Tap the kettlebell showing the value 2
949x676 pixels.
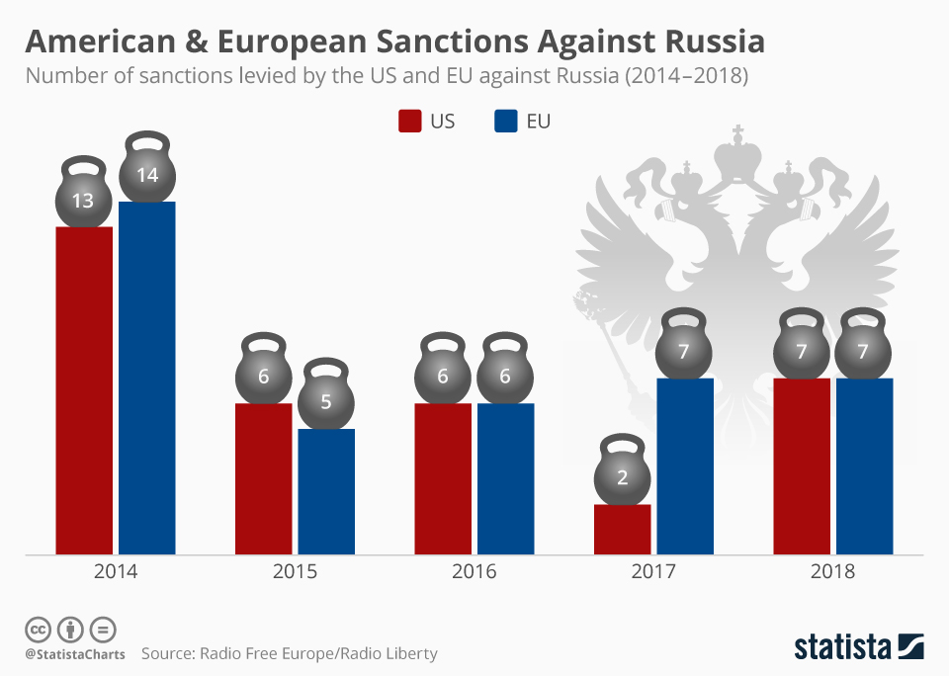coord(622,476)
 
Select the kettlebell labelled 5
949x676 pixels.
coord(326,399)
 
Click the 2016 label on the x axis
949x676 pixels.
coord(474,572)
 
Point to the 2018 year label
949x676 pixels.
coord(833,572)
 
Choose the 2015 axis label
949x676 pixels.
coord(295,572)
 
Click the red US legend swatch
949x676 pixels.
coord(409,122)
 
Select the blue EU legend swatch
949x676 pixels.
coord(504,122)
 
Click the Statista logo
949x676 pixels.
coord(859,648)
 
